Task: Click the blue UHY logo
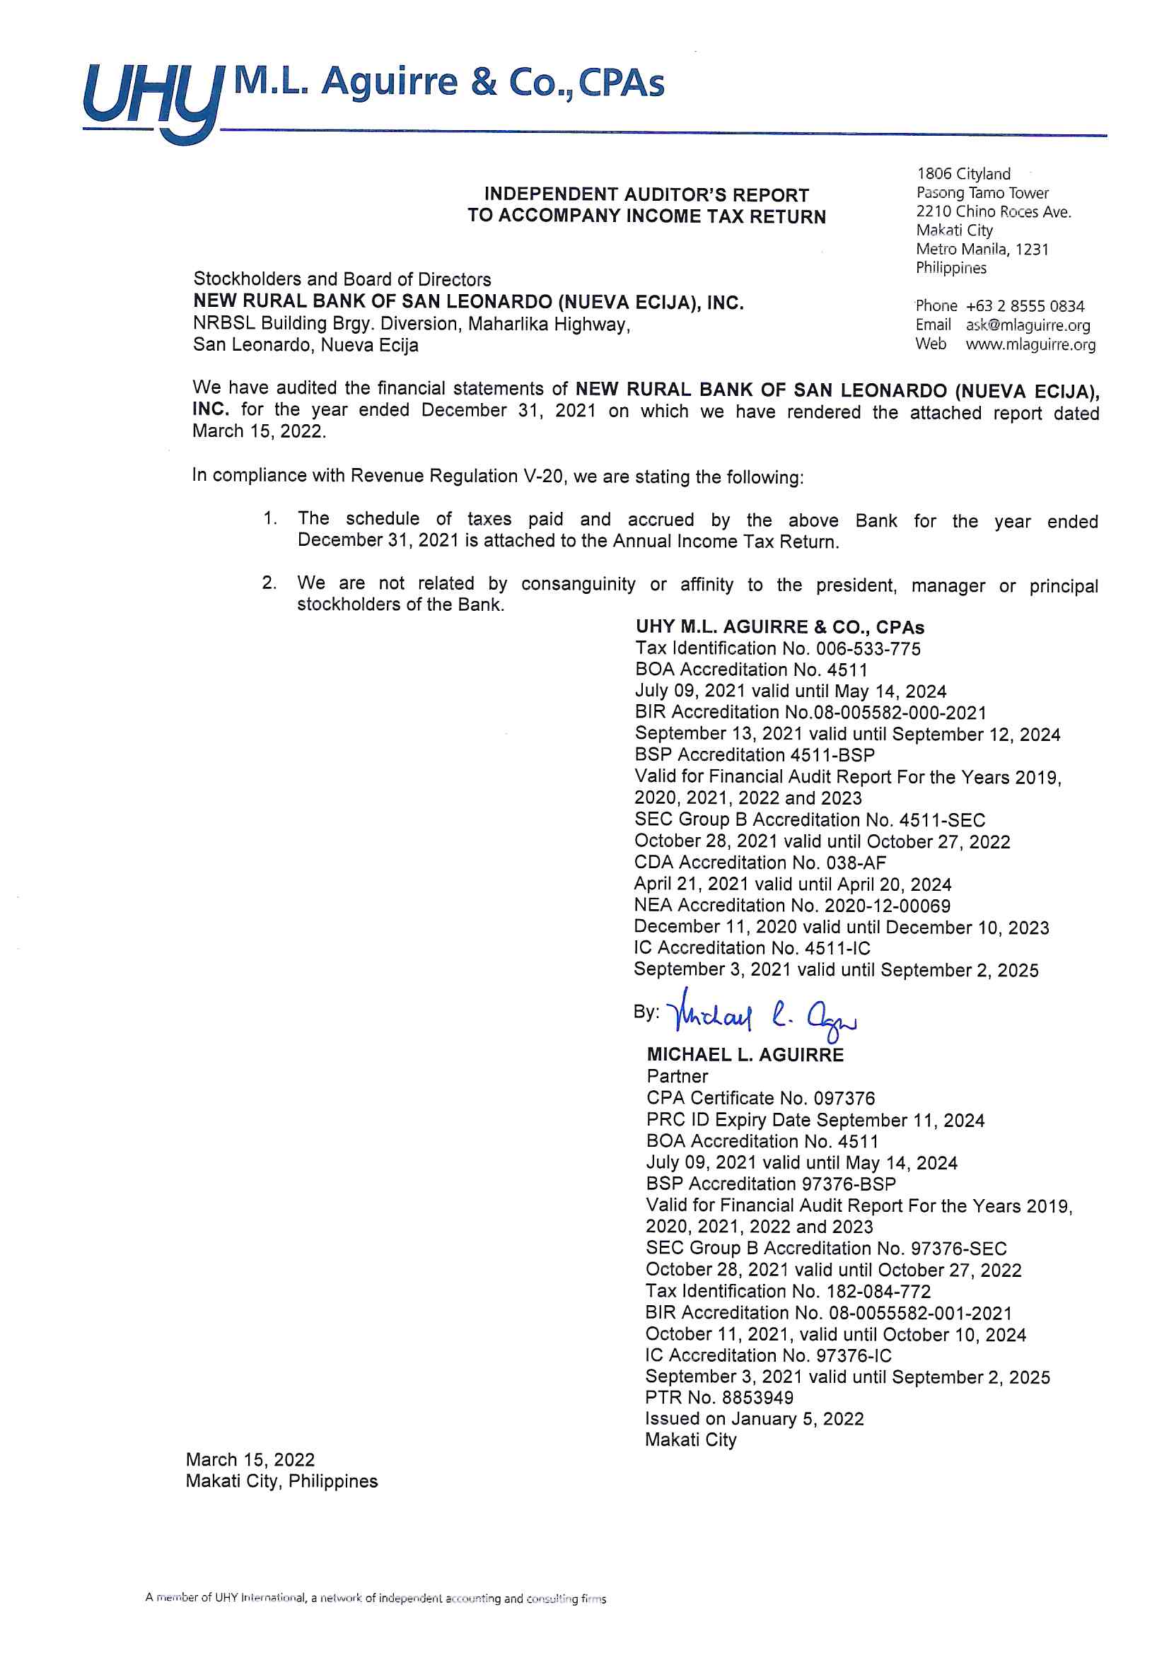tap(151, 101)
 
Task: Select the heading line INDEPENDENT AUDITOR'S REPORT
tap(646, 195)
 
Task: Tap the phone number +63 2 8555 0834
tap(1024, 306)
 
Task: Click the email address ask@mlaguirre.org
tap(1027, 325)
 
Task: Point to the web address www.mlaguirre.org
tap(1030, 344)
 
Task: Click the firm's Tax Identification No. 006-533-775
tap(777, 648)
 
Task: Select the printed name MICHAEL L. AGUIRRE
tap(745, 1055)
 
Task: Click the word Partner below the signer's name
tap(677, 1076)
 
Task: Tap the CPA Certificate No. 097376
tap(760, 1098)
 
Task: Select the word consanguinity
tap(578, 584)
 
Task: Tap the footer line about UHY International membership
tap(376, 1599)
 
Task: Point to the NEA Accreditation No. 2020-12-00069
tap(791, 906)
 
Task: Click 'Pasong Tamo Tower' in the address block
tap(982, 193)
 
